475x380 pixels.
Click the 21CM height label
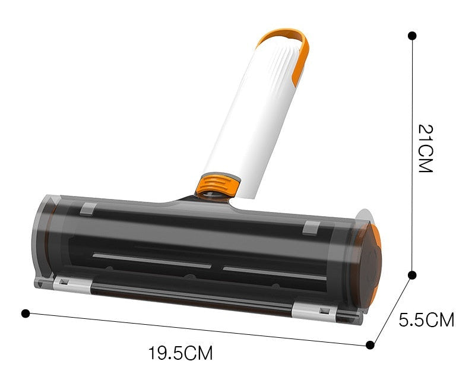[x=425, y=148]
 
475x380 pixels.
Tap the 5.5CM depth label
[x=426, y=319]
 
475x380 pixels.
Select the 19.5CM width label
[x=180, y=353]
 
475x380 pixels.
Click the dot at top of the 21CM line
[x=412, y=36]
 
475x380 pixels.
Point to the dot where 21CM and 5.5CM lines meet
[x=411, y=275]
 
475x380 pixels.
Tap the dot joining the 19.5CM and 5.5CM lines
[x=370, y=345]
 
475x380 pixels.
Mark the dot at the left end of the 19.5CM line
[x=26, y=313]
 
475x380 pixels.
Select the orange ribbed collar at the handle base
[x=217, y=185]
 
